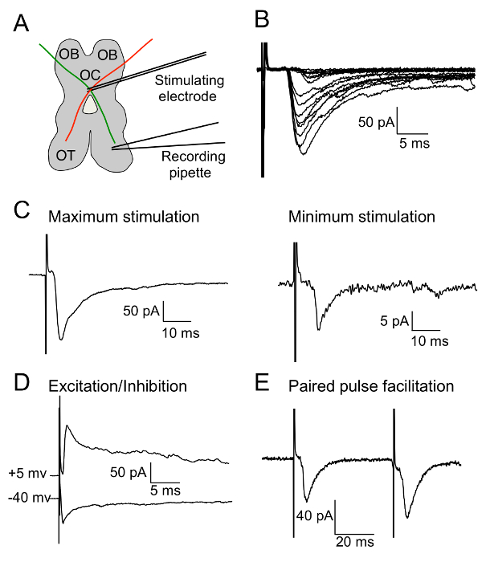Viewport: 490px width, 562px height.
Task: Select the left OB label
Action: (68, 55)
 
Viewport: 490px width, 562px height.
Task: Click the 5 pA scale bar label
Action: (394, 323)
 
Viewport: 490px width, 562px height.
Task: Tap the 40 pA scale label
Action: (313, 513)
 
